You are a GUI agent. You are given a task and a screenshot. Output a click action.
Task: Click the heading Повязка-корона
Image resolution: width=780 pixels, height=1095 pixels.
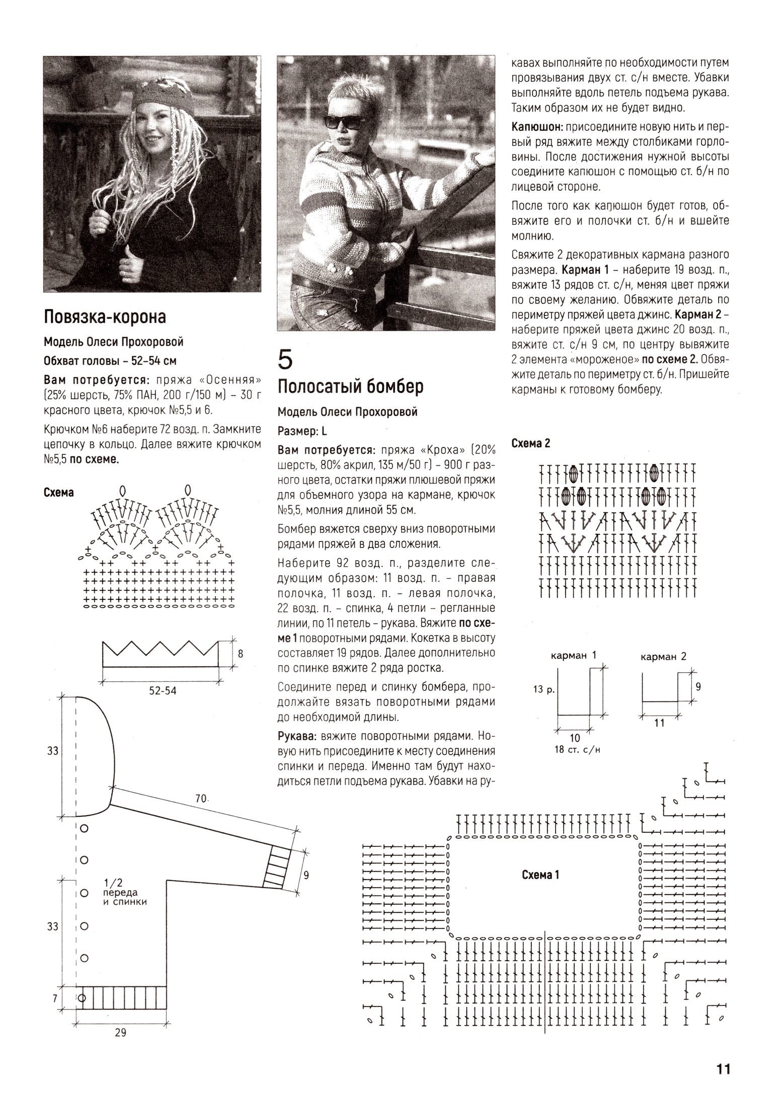[x=105, y=317]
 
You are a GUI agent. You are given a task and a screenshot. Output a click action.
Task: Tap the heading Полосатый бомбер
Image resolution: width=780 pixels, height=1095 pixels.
[x=351, y=386]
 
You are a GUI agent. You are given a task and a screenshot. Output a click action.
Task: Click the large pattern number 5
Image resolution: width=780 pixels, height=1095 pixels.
[x=285, y=359]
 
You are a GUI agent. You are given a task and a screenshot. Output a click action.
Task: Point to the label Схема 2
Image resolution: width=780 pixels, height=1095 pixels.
[x=531, y=443]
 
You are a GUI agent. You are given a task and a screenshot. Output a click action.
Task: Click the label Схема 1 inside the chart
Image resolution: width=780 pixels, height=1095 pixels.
[x=540, y=875]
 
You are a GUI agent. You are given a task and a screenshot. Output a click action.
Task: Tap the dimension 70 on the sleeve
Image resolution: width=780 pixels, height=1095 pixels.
[x=201, y=798]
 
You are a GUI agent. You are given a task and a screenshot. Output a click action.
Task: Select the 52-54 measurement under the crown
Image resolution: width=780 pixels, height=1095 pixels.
[x=163, y=691]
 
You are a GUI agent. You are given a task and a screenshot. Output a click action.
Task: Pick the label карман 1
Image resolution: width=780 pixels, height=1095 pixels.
[x=573, y=655]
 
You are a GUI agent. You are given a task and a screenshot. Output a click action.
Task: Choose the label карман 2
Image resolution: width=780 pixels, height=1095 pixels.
[x=663, y=656]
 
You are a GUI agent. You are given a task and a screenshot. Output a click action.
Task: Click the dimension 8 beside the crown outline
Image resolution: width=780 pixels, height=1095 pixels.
[x=241, y=654]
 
